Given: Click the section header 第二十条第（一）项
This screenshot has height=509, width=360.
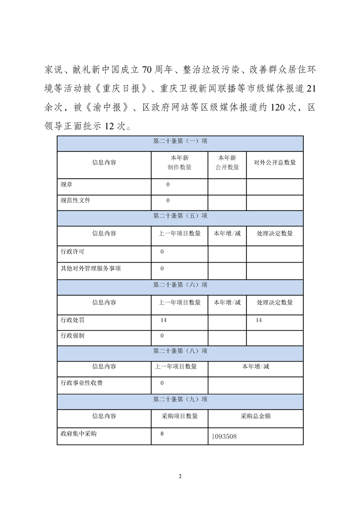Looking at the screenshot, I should click(180, 142).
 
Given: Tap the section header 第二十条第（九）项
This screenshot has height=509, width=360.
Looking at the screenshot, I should click(180, 400).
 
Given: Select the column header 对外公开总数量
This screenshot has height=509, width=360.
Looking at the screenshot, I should click(275, 162).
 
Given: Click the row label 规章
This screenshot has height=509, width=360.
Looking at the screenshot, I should click(66, 185).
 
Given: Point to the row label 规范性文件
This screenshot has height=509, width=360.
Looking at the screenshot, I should click(75, 200).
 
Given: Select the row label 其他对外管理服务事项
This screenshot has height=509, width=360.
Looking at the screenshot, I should click(91, 268).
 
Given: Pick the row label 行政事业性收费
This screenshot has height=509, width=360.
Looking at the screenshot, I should click(82, 383).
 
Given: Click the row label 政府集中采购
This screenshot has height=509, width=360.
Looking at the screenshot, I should click(79, 434).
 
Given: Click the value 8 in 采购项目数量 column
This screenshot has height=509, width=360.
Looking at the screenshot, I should click(162, 434).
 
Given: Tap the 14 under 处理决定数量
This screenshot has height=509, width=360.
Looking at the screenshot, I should click(259, 320).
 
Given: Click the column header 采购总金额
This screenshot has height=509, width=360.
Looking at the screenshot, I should click(256, 416).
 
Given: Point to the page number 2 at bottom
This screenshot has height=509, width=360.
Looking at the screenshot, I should click(180, 476).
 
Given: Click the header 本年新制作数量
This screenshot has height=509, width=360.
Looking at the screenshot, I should click(179, 162).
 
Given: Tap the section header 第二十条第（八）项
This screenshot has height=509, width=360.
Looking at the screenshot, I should click(180, 351).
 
